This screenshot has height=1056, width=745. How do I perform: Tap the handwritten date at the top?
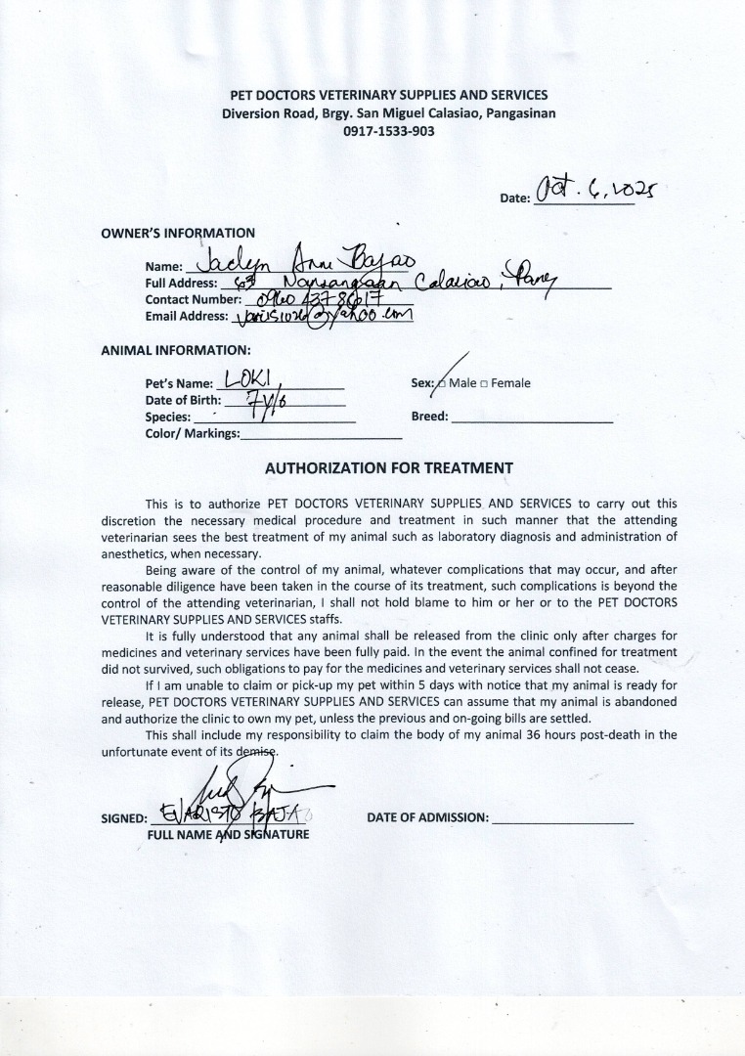[597, 186]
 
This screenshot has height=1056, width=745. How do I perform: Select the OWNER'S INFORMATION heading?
[178, 233]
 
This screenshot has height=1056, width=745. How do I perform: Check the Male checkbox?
[442, 383]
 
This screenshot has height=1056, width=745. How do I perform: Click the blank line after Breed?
[533, 418]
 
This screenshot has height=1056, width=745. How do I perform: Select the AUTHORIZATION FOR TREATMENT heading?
[388, 467]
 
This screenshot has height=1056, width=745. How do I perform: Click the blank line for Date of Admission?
[563, 821]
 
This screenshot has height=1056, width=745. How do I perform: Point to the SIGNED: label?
[124, 818]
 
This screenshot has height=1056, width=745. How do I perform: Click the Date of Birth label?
[183, 400]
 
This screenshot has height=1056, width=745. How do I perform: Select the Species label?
[167, 417]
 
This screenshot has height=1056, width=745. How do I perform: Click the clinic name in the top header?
[388, 95]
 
